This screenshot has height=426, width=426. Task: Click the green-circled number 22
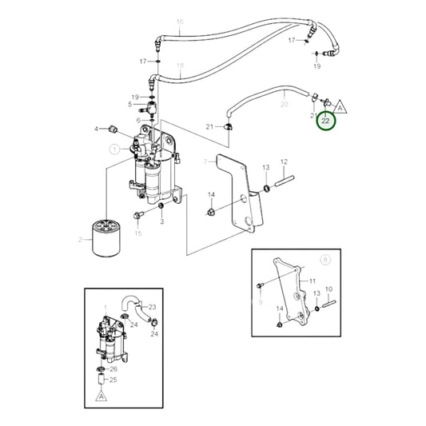point(327,121)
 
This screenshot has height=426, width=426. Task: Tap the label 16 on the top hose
point(179,22)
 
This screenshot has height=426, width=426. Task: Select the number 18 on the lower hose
point(180,65)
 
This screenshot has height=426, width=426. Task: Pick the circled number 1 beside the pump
point(114,149)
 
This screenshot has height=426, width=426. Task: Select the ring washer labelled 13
point(265,189)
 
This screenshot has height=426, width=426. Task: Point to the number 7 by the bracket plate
point(205,161)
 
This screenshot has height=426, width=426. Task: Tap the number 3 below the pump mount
point(161,221)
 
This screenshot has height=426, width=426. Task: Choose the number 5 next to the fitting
point(129,104)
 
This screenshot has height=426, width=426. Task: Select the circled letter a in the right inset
point(324,260)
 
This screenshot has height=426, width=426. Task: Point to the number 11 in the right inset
point(313,281)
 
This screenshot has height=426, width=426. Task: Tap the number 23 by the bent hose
point(152,307)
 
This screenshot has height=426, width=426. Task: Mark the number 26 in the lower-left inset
point(113,368)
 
